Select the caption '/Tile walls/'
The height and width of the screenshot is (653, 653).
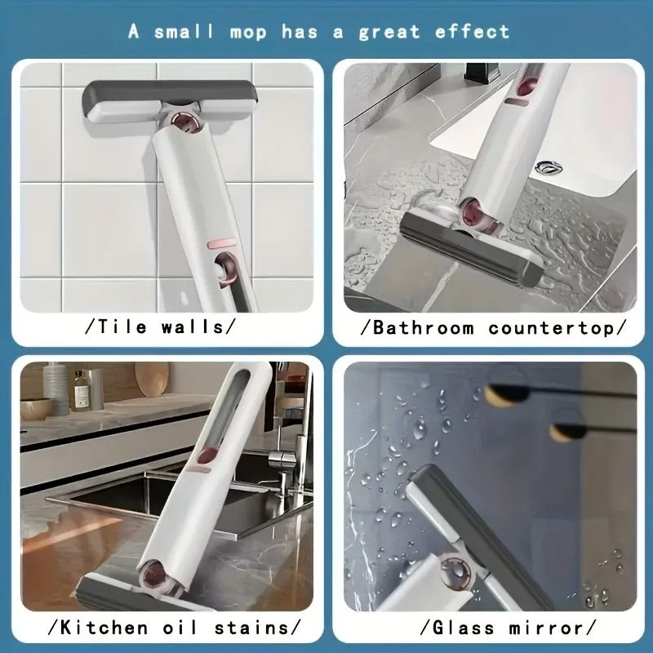(160, 327)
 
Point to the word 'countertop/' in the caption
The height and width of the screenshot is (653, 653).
(557, 328)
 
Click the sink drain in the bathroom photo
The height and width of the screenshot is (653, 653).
(544, 168)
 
